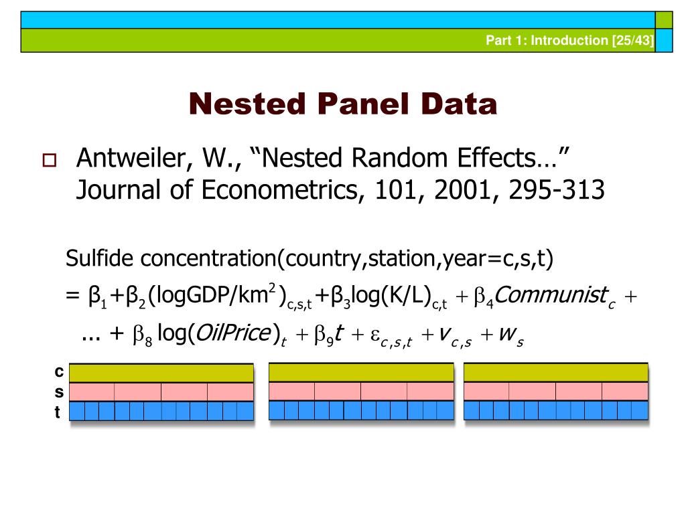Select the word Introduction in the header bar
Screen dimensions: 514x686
(569, 40)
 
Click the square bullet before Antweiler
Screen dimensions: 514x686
(50, 161)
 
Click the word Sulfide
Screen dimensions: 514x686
(100, 258)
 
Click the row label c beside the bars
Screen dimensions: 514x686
(59, 371)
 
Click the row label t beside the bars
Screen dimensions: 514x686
(58, 412)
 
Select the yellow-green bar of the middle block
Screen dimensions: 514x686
(361, 373)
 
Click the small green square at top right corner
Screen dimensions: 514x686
(663, 20)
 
